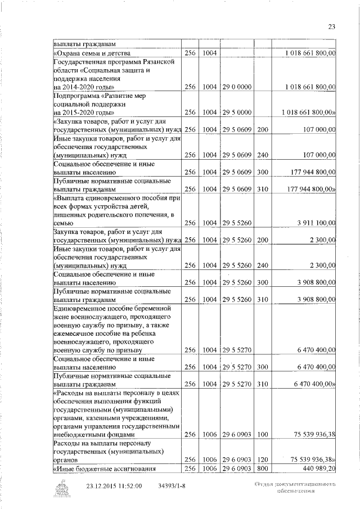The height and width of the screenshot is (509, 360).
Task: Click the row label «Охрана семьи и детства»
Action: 91,53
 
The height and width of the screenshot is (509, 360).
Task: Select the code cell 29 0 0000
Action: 236,87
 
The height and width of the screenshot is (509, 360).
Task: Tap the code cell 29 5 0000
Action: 236,112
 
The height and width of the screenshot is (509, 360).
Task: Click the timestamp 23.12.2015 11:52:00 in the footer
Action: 114,486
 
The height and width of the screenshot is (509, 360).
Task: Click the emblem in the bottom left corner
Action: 60,488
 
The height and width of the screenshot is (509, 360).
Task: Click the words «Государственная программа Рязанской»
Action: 108,62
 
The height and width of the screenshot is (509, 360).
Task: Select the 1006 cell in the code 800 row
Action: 210,468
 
